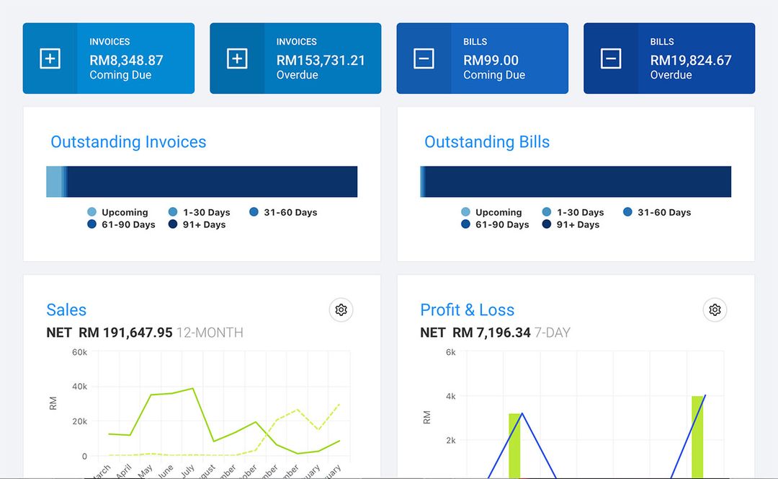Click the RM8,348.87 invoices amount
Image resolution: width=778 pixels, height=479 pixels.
[x=126, y=61]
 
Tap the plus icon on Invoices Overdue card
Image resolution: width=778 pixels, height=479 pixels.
[x=237, y=58]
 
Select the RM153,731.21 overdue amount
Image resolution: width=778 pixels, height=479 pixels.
[x=321, y=61]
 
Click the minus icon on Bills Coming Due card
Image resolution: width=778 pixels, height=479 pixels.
[x=424, y=58]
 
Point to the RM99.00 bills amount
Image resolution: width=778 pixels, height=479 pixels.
[x=491, y=61]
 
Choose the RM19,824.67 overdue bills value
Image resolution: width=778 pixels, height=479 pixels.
[x=690, y=61]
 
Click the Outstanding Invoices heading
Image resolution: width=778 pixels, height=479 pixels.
[x=128, y=142]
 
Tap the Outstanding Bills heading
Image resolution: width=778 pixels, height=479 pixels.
[x=487, y=142]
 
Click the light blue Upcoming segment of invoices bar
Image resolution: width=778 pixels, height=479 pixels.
[x=53, y=182]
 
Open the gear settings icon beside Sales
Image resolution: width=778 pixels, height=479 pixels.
[x=341, y=310]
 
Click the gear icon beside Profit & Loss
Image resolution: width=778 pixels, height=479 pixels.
[x=715, y=310]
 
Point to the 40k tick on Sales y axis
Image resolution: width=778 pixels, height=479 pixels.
[x=79, y=387]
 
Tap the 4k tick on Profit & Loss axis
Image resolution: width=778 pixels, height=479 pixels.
[x=450, y=396]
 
